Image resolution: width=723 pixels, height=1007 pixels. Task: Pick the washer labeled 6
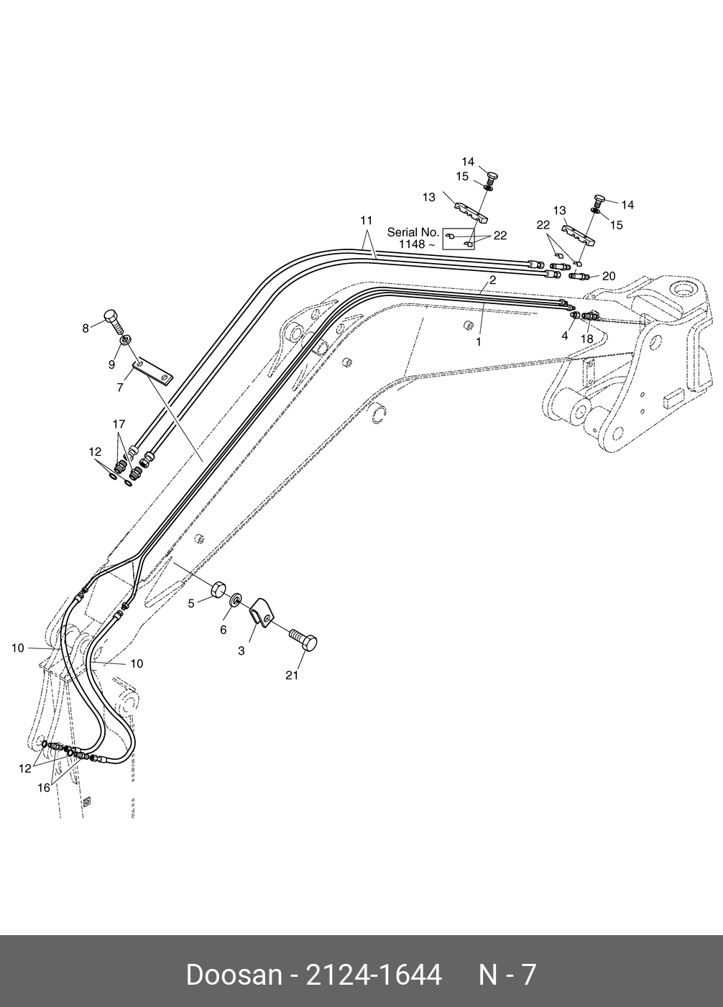(236, 599)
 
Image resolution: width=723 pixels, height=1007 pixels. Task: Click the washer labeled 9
(125, 340)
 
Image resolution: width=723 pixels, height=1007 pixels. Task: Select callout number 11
(367, 219)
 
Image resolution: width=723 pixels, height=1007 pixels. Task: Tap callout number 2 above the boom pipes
(493, 280)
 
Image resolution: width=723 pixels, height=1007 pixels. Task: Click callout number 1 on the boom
(479, 342)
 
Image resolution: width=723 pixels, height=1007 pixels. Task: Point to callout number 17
(119, 424)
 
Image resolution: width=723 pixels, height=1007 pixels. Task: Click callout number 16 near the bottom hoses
(44, 788)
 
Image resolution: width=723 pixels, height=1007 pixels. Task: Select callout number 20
(609, 276)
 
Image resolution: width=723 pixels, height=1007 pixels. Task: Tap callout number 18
(587, 339)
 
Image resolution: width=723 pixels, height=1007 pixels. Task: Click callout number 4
(565, 335)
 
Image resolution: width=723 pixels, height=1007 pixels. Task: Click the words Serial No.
(413, 232)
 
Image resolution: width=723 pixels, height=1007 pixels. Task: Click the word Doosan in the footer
(234, 975)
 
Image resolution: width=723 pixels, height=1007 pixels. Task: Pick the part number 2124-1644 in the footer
(374, 975)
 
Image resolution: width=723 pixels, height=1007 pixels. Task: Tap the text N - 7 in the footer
(507, 975)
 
